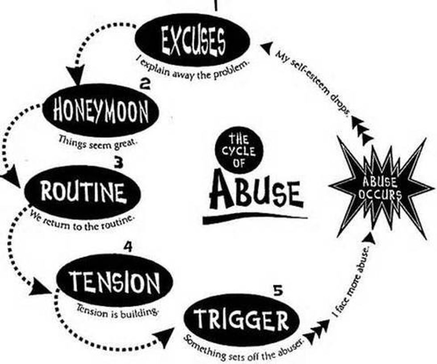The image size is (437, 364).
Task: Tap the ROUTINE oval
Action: (x=82, y=192)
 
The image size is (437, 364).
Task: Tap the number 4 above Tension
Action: (x=128, y=246)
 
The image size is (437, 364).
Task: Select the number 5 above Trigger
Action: (x=278, y=292)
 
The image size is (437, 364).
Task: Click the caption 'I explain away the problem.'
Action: (x=193, y=68)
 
